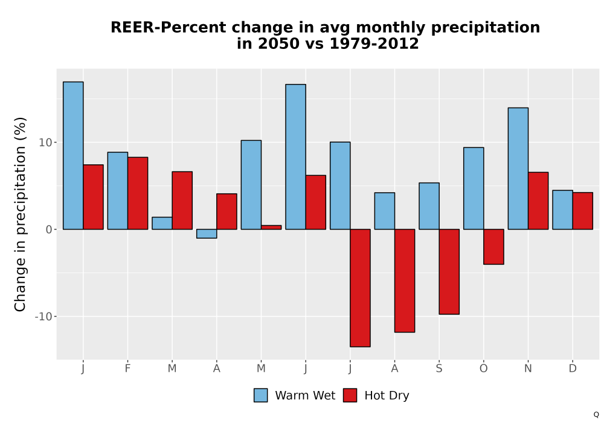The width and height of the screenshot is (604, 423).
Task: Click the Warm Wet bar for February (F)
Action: coord(118,191)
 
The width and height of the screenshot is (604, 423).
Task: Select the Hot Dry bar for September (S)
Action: coord(449,271)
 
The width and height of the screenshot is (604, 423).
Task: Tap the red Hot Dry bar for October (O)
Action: coord(494,247)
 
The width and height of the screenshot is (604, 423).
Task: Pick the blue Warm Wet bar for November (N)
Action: coord(518,169)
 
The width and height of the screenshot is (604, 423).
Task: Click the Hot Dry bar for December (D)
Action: coord(583,211)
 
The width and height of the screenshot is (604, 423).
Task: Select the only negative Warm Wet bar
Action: coord(207,233)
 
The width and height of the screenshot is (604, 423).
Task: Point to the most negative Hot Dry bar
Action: coord(360,288)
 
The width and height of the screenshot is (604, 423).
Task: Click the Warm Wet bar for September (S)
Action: coord(429,206)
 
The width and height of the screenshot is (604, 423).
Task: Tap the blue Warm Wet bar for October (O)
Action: coord(474,189)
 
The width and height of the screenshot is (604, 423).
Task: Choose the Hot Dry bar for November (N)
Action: coord(538,201)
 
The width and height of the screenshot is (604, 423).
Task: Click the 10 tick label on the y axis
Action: coord(45,143)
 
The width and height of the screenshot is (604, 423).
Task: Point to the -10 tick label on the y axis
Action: coord(43,317)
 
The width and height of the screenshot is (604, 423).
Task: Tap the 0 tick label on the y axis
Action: coord(48,230)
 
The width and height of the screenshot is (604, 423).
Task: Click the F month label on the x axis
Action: coord(127,369)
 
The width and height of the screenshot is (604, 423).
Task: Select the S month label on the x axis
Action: coord(439,369)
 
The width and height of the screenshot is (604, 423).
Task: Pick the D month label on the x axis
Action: coord(573,369)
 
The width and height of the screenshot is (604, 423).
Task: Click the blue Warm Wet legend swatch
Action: coord(261,395)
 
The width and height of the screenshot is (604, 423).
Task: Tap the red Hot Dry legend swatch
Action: coord(350,395)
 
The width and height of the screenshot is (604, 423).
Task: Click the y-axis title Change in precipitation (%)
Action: coord(20,214)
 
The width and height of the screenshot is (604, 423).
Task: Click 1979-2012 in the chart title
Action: coord(374,44)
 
